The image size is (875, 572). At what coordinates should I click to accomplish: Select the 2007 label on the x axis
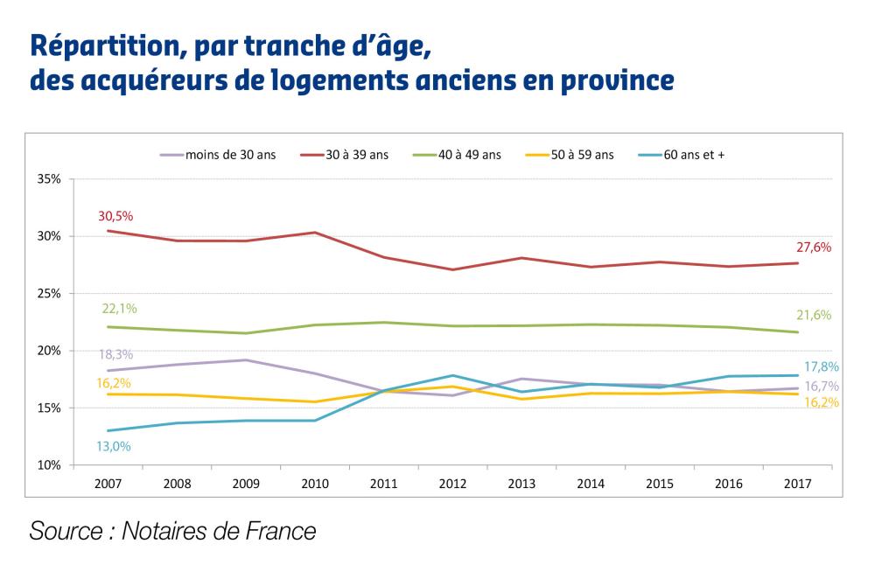pos(109,482)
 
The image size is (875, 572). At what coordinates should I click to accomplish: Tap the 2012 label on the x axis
pos(452,482)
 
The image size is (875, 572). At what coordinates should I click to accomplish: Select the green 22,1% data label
pos(120,309)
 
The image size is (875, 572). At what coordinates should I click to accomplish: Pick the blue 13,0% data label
pos(114,446)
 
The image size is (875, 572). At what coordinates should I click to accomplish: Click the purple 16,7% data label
pos(820,386)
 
